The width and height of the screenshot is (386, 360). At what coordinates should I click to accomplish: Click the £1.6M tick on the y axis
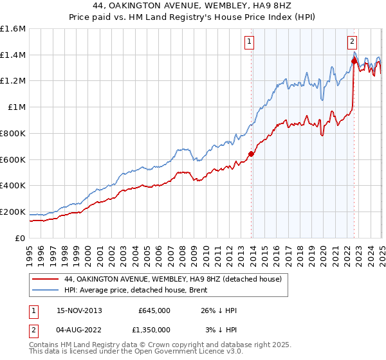(13, 29)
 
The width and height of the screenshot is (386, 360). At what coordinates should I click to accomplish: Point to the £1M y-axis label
(16, 107)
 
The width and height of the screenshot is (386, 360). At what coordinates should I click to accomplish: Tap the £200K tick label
(13, 212)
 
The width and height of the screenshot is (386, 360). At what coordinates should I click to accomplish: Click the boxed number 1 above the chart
(249, 43)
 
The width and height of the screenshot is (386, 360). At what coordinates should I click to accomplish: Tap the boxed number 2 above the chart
(353, 43)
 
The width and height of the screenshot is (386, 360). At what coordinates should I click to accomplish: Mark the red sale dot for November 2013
(251, 154)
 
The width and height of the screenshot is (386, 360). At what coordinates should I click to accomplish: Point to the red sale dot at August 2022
(354, 61)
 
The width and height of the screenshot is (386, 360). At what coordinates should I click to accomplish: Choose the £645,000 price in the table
(154, 310)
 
